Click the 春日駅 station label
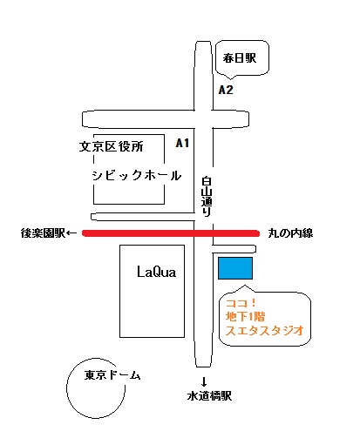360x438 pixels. click(x=240, y=58)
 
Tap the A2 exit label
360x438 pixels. click(x=226, y=90)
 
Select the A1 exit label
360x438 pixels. click(x=182, y=143)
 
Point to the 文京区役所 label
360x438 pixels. click(x=112, y=146)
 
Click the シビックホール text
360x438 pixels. click(x=137, y=175)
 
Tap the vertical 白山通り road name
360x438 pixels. click(x=207, y=197)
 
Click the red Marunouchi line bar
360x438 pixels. click(x=171, y=233)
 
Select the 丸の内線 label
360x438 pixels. click(x=290, y=233)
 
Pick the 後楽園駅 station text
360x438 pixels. click(x=43, y=233)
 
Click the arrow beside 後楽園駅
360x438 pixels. click(x=71, y=232)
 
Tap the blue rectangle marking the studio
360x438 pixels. click(x=235, y=268)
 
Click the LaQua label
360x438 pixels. click(x=156, y=273)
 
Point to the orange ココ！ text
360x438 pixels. click(x=241, y=303)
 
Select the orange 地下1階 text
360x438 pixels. click(x=246, y=316)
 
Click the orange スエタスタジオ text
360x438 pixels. click(x=265, y=330)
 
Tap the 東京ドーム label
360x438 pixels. click(x=112, y=375)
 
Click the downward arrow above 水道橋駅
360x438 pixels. click(x=204, y=381)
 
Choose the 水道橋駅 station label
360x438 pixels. click(x=209, y=396)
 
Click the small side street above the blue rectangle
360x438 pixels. click(x=234, y=249)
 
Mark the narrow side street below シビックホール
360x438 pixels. click(x=142, y=217)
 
